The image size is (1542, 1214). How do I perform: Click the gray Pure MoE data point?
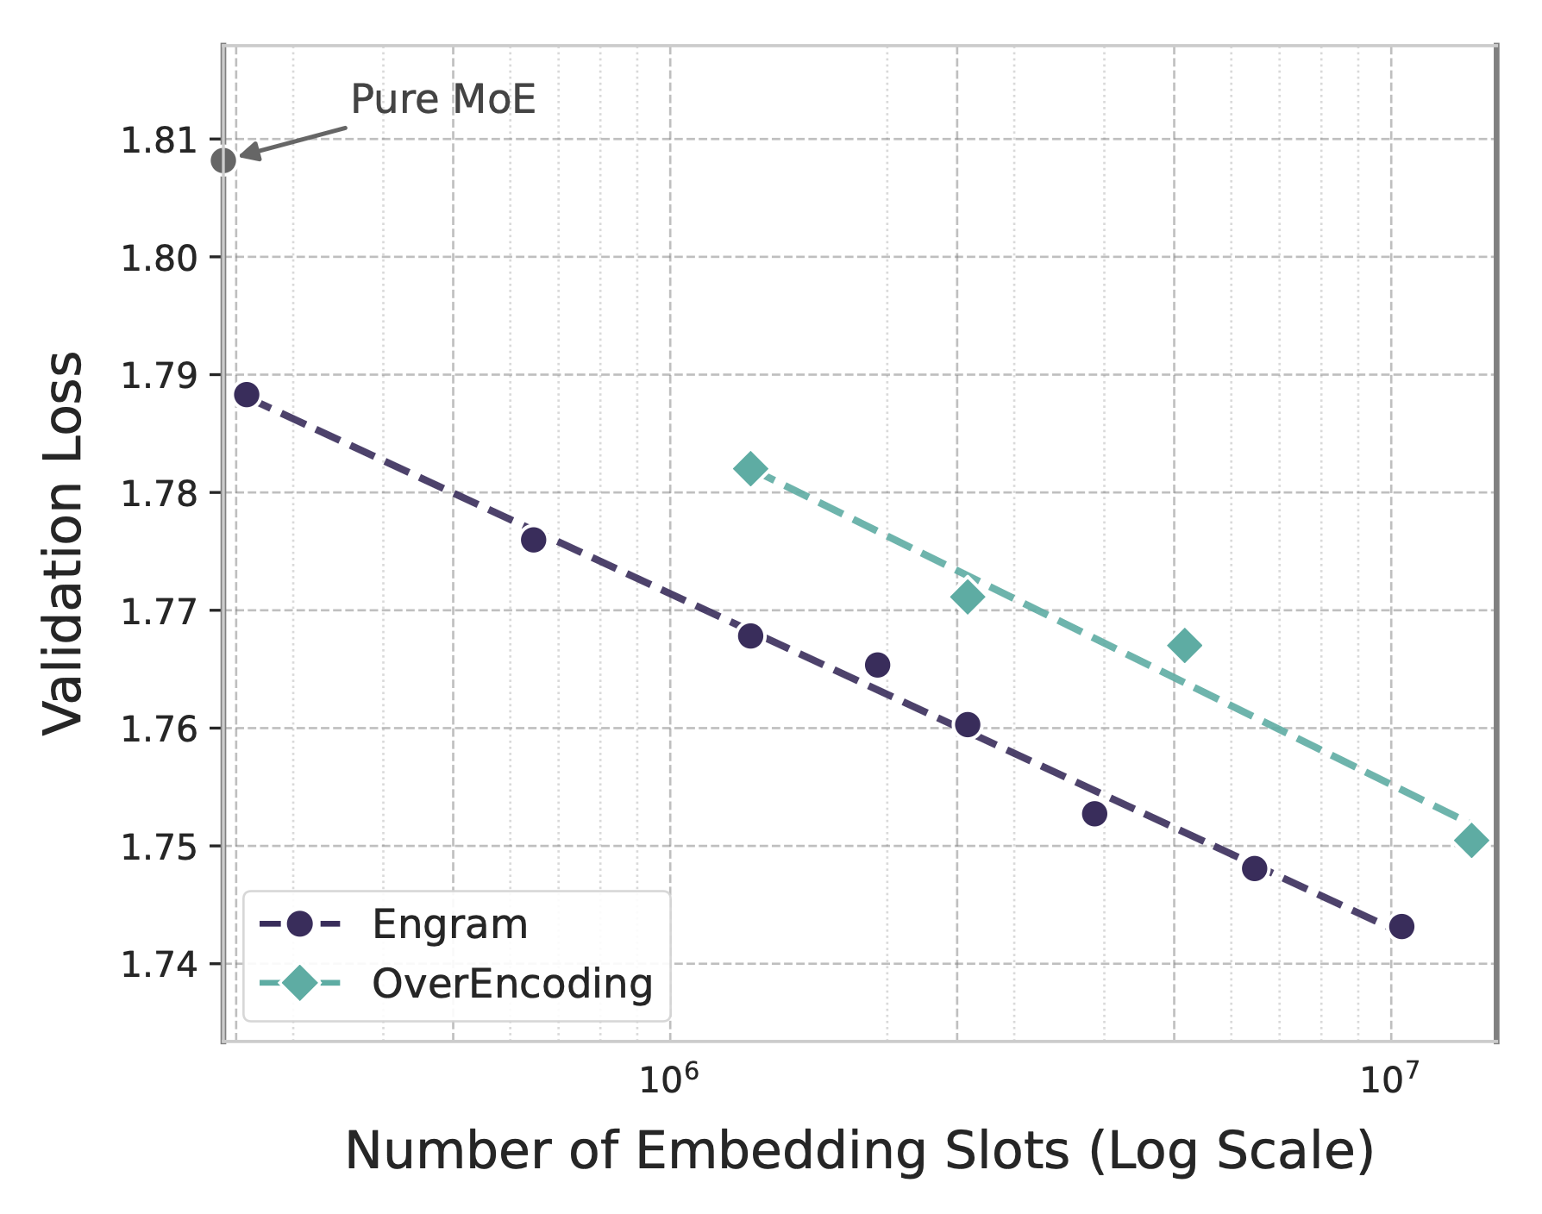point(223,160)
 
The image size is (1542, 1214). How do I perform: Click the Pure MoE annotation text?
point(443,99)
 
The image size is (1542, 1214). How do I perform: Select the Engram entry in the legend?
point(449,925)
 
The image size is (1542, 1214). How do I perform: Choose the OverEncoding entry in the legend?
point(512,984)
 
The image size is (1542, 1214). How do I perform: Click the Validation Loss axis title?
point(65,543)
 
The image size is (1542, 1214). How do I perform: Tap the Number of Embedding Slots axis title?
point(859,1151)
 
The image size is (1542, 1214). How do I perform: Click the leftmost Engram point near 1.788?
point(247,395)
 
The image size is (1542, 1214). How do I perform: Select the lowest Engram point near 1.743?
point(1401,927)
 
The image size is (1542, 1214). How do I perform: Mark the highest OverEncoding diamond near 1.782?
point(750,470)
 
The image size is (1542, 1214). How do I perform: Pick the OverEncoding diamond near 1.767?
point(1184,645)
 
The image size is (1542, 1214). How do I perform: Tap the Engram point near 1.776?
point(534,540)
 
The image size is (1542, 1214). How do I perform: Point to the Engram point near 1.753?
point(1094,814)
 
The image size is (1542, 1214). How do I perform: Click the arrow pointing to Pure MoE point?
point(293,142)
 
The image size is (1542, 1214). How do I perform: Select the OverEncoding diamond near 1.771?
point(968,597)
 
